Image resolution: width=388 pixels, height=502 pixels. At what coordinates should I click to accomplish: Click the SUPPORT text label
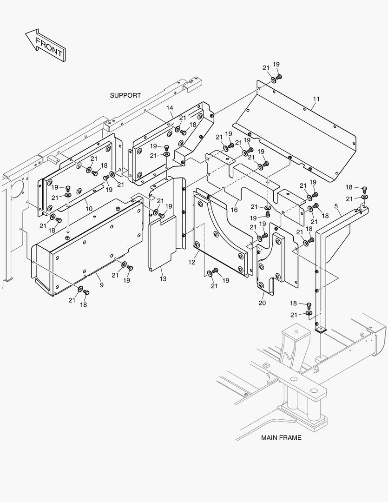(125, 95)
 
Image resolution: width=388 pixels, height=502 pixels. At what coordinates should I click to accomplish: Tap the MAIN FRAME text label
(281, 437)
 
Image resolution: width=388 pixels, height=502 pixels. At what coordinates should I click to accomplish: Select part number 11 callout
(316, 99)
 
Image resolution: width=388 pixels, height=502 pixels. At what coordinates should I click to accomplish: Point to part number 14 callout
(170, 108)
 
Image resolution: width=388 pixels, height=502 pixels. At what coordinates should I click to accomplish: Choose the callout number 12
(191, 262)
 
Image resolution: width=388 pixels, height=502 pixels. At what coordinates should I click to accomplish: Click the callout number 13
(163, 278)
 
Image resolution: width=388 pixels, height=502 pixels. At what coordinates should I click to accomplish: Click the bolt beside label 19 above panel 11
(279, 76)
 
